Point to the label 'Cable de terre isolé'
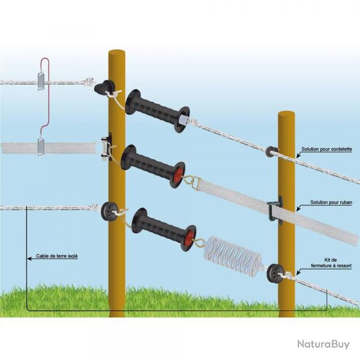point(57,256)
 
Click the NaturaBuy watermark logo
point(323,344)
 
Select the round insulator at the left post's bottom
point(110,210)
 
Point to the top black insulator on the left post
point(107,88)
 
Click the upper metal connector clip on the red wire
point(41,81)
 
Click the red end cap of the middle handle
point(178,174)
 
